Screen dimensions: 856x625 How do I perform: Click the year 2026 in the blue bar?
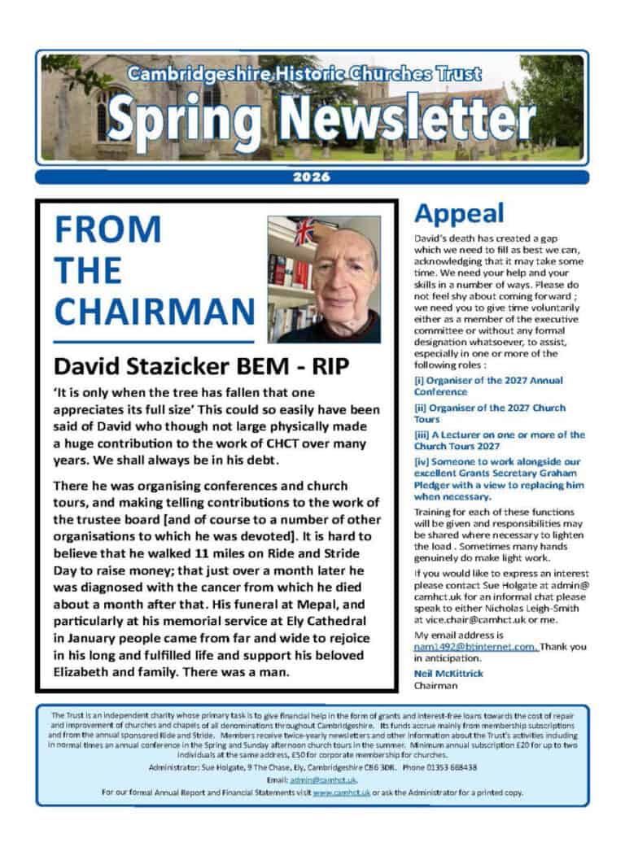[x=312, y=177]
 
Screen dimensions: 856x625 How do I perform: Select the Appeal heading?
[x=459, y=213]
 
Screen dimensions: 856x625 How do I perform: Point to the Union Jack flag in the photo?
[x=304, y=232]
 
